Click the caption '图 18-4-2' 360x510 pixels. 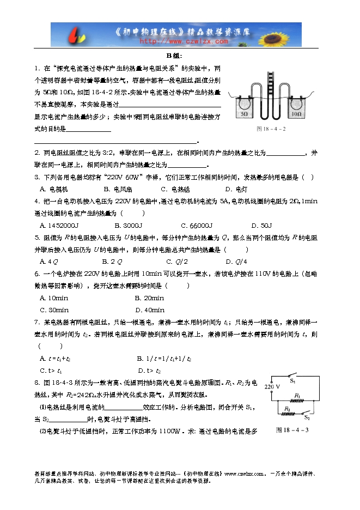tap(271, 129)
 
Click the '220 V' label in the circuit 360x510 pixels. tap(272, 386)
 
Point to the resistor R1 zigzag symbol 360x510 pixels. tap(297, 402)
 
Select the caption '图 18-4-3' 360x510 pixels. tap(292, 430)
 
